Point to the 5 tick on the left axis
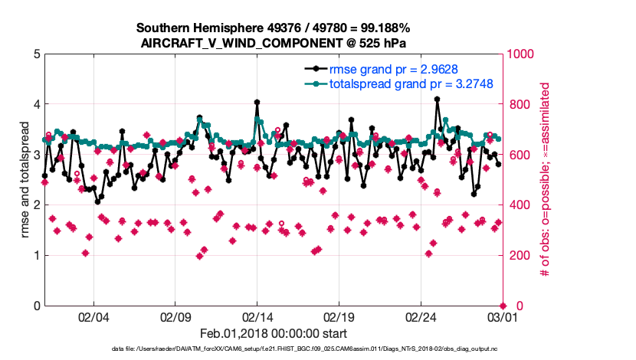pyautogui.click(x=37, y=54)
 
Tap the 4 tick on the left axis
pyautogui.click(x=37, y=105)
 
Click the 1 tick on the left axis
pyautogui.click(x=37, y=256)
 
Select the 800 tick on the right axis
pyautogui.click(x=518, y=105)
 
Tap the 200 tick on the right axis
pyautogui.click(x=518, y=256)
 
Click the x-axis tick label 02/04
pyautogui.click(x=93, y=317)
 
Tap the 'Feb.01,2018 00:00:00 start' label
pyautogui.click(x=273, y=333)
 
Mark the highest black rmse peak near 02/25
pyautogui.click(x=437, y=99)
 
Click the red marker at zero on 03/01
pyautogui.click(x=502, y=306)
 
